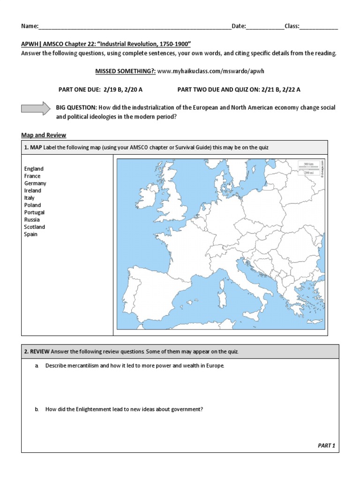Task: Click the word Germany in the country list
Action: pyautogui.click(x=35, y=183)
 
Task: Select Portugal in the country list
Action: pyautogui.click(x=34, y=212)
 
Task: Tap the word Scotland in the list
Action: pyautogui.click(x=35, y=227)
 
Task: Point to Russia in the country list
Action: pyautogui.click(x=32, y=219)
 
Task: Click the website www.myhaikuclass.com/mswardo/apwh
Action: pyautogui.click(x=207, y=71)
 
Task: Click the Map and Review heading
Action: pyautogui.click(x=44, y=135)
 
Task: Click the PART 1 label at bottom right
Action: pyautogui.click(x=327, y=445)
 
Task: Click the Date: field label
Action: pyautogui.click(x=239, y=26)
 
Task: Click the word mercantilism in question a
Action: pyautogui.click(x=82, y=366)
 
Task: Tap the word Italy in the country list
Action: pyautogui.click(x=29, y=198)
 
